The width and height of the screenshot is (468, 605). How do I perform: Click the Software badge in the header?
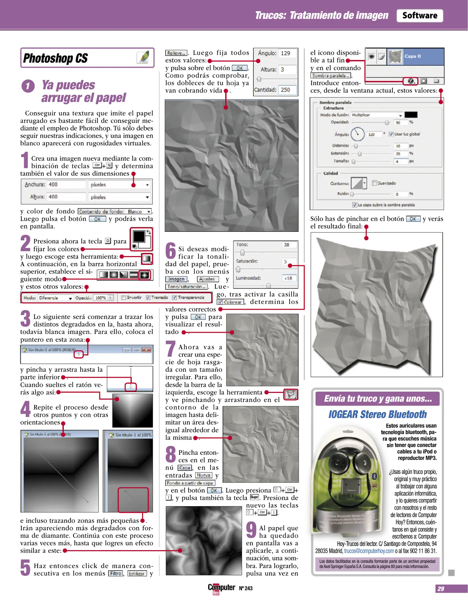419,15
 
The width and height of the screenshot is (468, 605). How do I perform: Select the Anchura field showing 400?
66,185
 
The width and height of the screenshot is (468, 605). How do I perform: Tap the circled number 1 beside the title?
28,86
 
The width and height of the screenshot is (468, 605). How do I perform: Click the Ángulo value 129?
286,53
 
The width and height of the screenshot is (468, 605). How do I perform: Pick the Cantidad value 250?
286,90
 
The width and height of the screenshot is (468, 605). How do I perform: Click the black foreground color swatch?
139,236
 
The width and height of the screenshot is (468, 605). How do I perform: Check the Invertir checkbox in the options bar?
124,298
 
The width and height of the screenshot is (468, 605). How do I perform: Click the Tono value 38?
287,245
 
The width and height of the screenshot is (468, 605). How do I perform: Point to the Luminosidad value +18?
288,278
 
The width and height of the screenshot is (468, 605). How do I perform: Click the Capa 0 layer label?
412,56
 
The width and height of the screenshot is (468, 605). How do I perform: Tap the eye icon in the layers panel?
371,57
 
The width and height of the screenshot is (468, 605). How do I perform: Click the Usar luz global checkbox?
391,134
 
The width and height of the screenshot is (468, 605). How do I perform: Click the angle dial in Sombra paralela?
357,134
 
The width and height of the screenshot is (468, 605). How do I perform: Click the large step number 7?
170,349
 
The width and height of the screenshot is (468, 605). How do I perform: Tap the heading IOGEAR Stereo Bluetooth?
377,414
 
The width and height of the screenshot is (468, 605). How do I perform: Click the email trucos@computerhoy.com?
369,551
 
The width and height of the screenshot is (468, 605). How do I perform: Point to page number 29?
441,588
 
